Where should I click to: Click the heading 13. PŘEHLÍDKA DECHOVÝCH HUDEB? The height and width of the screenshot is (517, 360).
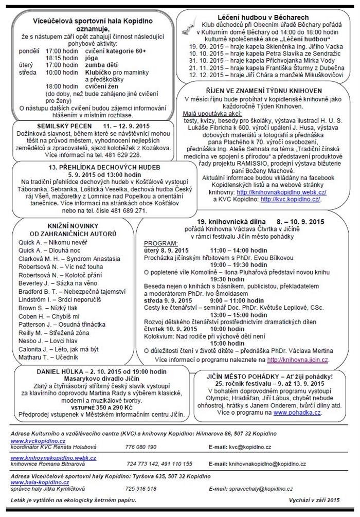coord(83,168)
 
